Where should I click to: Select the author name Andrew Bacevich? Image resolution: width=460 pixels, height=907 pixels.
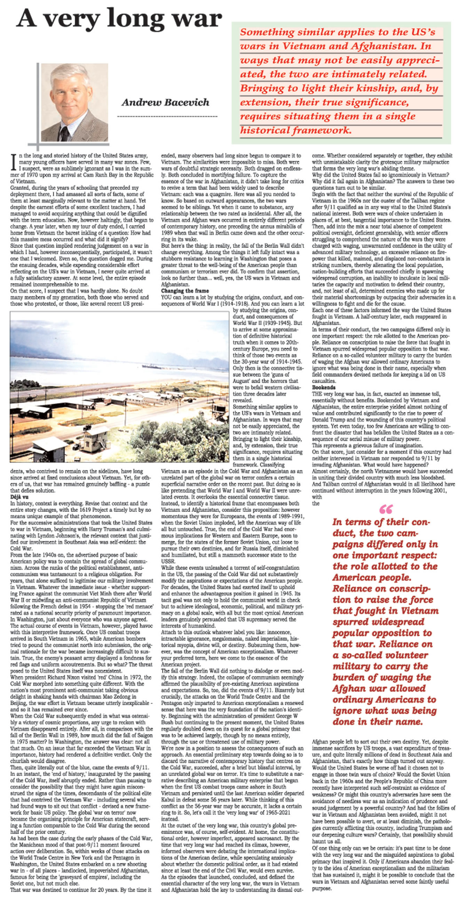pyautogui.click(x=165, y=103)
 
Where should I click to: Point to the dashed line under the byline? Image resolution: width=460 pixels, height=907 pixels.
pyautogui.click(x=166, y=116)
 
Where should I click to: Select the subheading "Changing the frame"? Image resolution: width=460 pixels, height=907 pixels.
pyautogui.click(x=185, y=291)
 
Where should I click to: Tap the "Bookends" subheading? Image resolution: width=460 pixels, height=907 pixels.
pyautogui.click(x=324, y=387)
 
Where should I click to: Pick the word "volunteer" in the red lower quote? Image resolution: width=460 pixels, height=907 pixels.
pyautogui.click(x=398, y=655)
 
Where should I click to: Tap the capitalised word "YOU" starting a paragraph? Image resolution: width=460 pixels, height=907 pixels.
pyautogui.click(x=167, y=297)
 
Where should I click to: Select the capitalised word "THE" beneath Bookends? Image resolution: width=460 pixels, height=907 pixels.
pyautogui.click(x=317, y=394)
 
